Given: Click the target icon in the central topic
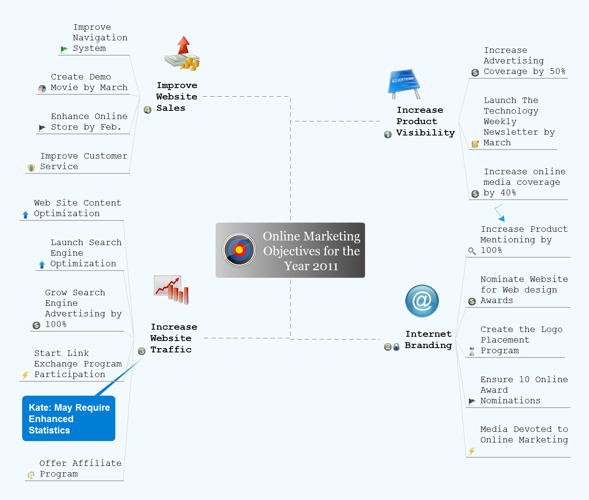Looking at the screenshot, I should [239, 250].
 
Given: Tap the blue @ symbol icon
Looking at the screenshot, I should [422, 301].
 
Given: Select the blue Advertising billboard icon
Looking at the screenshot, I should [404, 83].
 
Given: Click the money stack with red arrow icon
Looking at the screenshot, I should [182, 54].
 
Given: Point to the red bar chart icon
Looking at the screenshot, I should [172, 290].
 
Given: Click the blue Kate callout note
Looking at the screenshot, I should [69, 418].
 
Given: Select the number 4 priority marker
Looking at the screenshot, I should [148, 110].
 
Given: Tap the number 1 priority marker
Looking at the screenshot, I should [388, 134].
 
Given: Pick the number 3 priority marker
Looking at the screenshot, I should [142, 351].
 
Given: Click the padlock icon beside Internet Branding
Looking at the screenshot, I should [396, 347].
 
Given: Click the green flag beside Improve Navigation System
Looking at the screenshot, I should [64, 49].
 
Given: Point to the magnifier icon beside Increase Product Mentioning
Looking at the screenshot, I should [472, 251].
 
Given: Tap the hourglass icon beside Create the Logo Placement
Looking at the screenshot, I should [472, 351].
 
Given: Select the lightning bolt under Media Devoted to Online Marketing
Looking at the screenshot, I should [472, 451].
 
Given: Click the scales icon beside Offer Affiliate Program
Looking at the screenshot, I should [31, 475].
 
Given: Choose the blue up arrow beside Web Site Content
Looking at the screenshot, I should [25, 215].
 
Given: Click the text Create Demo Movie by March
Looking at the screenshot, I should [89, 82].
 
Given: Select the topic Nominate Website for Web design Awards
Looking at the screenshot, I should [524, 290].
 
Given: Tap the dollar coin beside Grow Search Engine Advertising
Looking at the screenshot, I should [36, 325].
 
